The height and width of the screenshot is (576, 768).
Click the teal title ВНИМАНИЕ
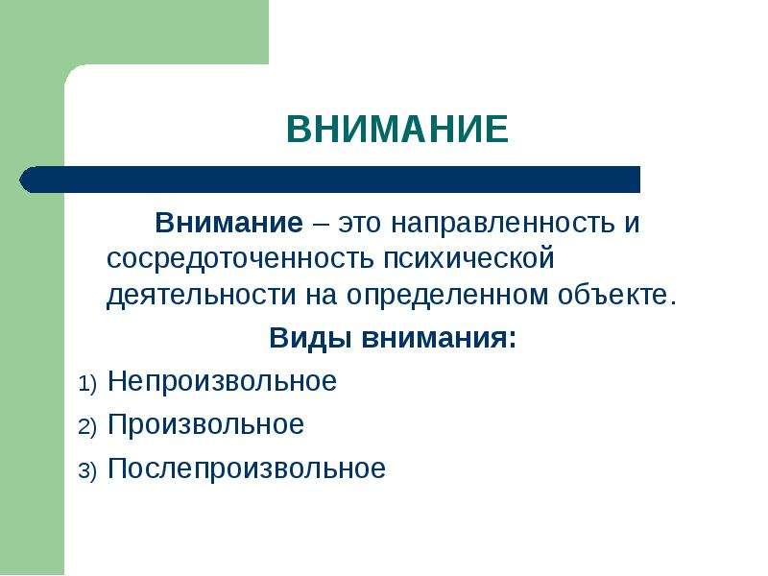pos(397,129)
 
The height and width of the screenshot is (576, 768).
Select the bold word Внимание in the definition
pos(229,223)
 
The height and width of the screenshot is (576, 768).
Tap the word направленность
pos(502,225)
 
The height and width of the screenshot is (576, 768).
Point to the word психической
pos(468,259)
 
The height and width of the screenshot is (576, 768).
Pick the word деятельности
pos(202,296)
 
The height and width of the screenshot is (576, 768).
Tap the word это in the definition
pos(359,224)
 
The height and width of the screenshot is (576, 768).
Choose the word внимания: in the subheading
pos(439,339)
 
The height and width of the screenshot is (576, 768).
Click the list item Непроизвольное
pos(223,381)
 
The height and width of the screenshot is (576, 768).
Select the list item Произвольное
pos(205,424)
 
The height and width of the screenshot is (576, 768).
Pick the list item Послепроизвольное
pos(247,468)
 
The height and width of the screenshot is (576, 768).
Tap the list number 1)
pos(87,383)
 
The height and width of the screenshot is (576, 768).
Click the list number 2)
pos(87,427)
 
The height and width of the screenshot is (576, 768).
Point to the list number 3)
pos(87,471)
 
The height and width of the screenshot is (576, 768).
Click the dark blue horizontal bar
pos(329,180)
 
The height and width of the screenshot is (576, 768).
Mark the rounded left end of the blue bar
pos(19,180)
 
